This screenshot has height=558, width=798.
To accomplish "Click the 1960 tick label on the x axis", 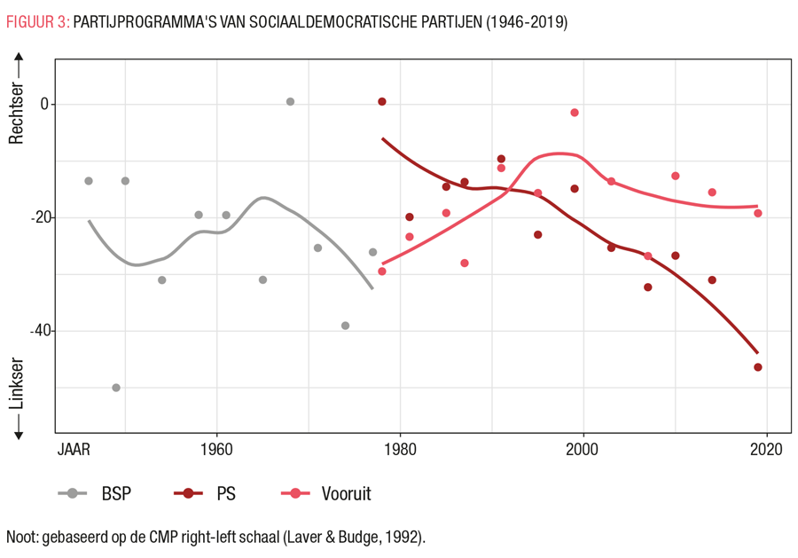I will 216,449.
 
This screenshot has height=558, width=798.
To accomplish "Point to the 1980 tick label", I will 400,449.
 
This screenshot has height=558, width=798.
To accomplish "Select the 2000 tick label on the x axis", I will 583,449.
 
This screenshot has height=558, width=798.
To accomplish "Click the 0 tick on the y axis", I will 43,104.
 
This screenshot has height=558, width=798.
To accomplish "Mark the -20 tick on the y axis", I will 37,217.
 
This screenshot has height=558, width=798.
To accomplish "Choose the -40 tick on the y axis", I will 37,331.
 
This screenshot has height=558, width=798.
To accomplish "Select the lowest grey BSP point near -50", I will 116,388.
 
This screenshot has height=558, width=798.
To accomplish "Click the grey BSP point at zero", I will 290,102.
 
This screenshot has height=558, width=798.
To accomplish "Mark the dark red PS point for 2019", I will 758,367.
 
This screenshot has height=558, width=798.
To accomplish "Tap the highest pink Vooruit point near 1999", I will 575,113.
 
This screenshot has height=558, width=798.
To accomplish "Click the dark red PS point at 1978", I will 382,102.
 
